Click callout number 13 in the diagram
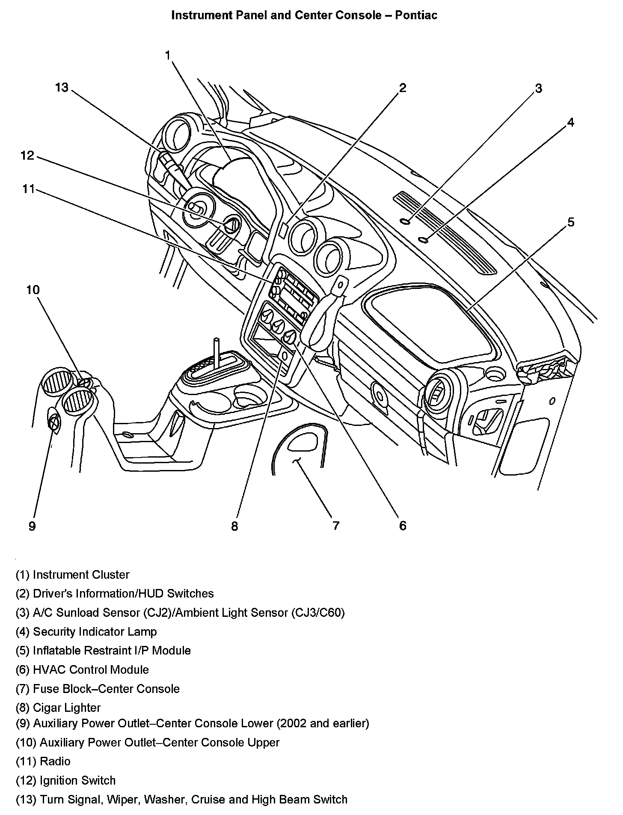click(62, 88)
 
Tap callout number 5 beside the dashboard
click(571, 222)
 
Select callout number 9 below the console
click(32, 526)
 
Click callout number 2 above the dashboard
click(402, 88)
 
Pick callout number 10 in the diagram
click(33, 290)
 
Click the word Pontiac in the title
click(416, 15)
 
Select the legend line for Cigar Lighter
click(58, 708)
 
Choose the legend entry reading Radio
click(43, 761)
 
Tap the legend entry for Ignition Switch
click(66, 780)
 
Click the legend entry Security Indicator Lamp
click(86, 631)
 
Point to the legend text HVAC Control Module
click(83, 669)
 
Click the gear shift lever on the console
click(217, 354)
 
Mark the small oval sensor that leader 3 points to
click(406, 221)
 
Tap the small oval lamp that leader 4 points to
click(424, 239)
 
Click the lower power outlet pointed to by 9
click(53, 422)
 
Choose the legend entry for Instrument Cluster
click(73, 574)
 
